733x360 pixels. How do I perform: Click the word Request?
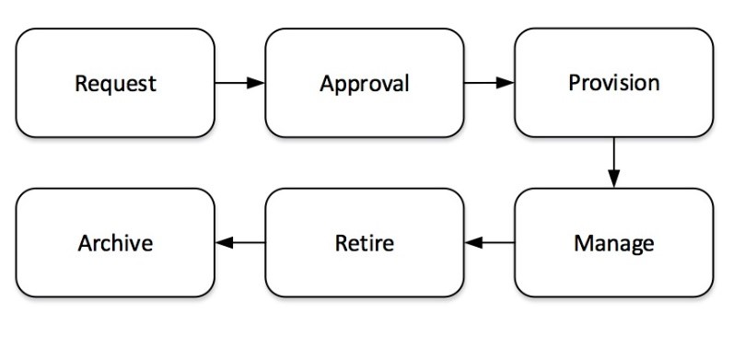pyautogui.click(x=115, y=84)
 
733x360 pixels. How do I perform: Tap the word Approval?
pyautogui.click(x=364, y=84)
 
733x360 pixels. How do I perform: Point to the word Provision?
pyautogui.click(x=613, y=83)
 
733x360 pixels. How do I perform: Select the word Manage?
pyautogui.click(x=613, y=244)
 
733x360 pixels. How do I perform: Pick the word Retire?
pyautogui.click(x=364, y=244)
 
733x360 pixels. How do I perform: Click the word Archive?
pyautogui.click(x=115, y=244)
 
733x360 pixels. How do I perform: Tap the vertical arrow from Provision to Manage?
pyautogui.click(x=613, y=161)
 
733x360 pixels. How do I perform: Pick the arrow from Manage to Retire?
pyautogui.click(x=490, y=243)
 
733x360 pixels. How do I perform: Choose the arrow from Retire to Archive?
pyautogui.click(x=241, y=243)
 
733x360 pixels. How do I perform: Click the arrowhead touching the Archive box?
pyautogui.click(x=223, y=243)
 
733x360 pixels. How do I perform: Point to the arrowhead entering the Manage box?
pyautogui.click(x=613, y=180)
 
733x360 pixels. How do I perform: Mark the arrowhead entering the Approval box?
pyautogui.click(x=257, y=83)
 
